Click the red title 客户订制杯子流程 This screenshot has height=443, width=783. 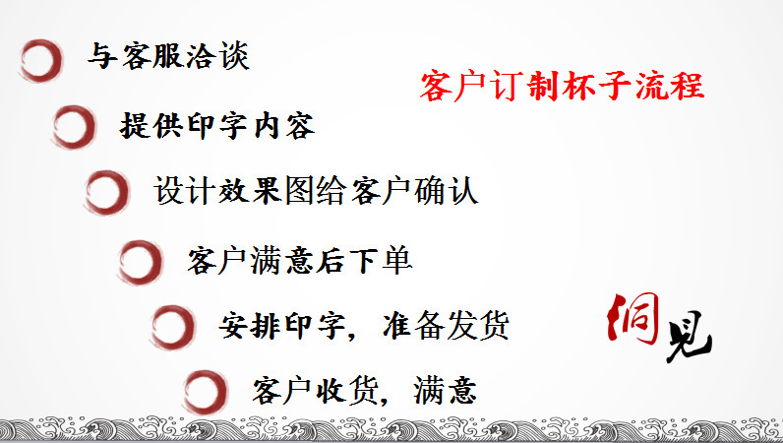click(563, 86)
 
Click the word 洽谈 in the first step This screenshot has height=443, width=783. click(217, 55)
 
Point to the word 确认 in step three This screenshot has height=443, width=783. click(447, 191)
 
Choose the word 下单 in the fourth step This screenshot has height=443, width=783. click(381, 261)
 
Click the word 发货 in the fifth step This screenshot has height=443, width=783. click(477, 325)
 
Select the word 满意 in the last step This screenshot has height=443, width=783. click(445, 391)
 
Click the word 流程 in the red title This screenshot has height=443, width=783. click(670, 86)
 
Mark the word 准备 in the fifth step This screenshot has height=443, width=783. click(413, 325)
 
